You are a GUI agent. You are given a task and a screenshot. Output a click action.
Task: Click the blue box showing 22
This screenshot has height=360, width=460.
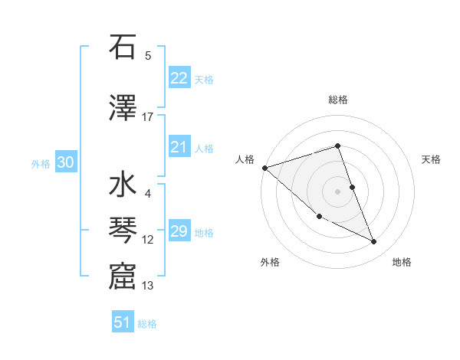tap(179, 78)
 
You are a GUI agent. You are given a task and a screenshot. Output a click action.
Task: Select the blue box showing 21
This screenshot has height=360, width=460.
tap(179, 147)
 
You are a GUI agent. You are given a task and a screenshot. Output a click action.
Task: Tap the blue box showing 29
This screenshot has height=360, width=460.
tap(179, 231)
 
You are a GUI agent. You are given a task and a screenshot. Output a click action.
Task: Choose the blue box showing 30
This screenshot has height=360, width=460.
tap(65, 162)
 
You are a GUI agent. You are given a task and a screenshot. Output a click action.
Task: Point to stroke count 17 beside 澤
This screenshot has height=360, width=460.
tap(148, 117)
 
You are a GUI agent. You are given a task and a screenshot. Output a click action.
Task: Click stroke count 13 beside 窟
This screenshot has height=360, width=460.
tap(148, 286)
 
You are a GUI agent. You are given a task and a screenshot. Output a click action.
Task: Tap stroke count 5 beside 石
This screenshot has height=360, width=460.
tap(148, 56)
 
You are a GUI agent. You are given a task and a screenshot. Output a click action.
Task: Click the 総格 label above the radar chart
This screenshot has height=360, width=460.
tap(337, 100)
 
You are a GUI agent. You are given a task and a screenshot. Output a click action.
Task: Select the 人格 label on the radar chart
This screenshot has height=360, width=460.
tap(245, 159)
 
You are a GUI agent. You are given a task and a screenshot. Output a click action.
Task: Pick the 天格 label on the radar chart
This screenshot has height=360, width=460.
tap(432, 159)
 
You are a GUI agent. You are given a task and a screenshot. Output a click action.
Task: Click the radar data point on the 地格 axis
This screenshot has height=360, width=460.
tap(374, 242)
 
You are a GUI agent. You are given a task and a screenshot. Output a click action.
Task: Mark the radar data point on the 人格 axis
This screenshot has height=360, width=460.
tap(264, 168)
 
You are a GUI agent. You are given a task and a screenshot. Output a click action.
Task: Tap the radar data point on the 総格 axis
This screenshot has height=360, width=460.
tap(337, 146)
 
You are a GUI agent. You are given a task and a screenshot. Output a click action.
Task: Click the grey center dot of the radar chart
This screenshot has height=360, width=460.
tap(337, 191)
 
